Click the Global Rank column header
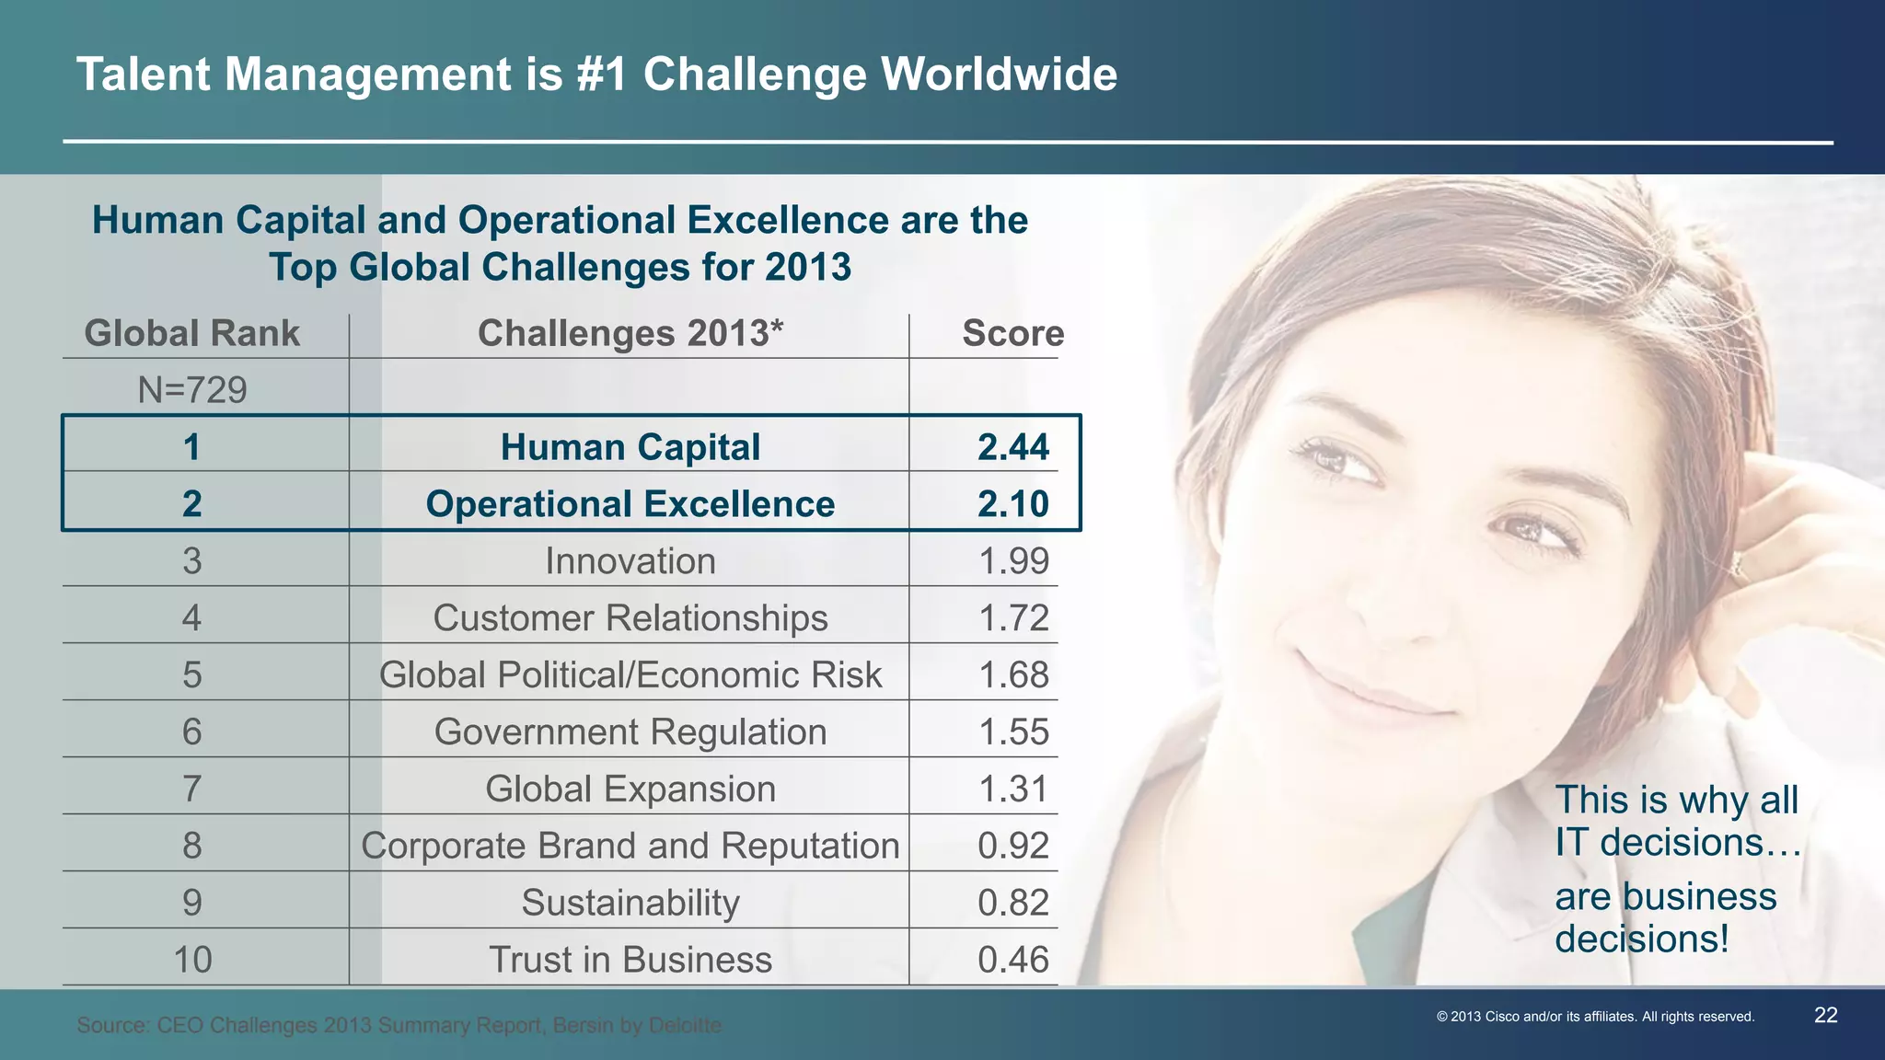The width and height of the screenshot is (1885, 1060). tap(191, 333)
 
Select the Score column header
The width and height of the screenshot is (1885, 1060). tap(1012, 333)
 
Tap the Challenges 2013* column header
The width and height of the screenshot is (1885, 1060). tap(630, 333)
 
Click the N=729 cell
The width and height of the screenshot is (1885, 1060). tap(192, 390)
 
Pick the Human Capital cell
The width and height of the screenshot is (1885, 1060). tap(630, 447)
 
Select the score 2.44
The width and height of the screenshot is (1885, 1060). tap(1012, 447)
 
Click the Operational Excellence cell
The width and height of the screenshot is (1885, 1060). tap(630, 504)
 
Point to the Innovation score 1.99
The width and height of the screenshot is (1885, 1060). tap(1012, 561)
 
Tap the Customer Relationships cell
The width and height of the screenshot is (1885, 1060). tap(630, 618)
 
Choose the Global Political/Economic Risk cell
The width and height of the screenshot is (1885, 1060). tap(630, 675)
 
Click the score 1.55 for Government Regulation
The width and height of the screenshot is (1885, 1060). tap(1012, 732)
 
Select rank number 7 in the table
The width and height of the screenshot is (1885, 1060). tap(191, 789)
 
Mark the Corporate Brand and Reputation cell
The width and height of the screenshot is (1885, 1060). tap(630, 847)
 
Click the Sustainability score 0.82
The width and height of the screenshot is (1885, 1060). tap(1012, 904)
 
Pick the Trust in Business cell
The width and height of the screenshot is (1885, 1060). tap(630, 961)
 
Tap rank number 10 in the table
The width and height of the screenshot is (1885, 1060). tap(192, 961)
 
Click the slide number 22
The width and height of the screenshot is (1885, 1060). tap(1825, 1016)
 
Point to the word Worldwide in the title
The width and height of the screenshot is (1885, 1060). tap(999, 75)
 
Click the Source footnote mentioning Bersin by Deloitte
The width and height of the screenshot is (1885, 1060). tap(399, 1025)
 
